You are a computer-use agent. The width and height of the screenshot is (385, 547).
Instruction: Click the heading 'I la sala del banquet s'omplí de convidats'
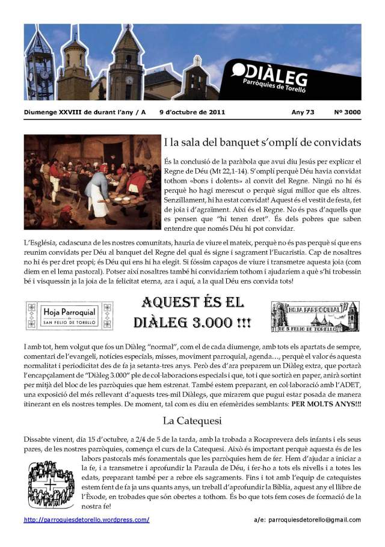(262, 143)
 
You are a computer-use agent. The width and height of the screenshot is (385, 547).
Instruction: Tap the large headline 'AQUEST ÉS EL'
(192, 302)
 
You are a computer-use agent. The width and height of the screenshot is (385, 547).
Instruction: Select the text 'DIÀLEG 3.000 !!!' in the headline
(192, 322)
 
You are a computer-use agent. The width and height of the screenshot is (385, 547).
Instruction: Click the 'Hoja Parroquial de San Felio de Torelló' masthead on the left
(70, 316)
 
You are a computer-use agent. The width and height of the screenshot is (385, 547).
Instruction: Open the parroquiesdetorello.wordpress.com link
(87, 519)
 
